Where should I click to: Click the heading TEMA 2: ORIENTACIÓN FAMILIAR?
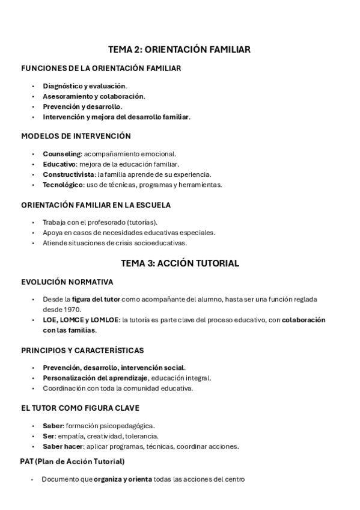179,49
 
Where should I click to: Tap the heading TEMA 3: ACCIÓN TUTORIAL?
180,263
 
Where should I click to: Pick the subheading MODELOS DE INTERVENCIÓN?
76,136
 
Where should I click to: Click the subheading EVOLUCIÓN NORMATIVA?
67,281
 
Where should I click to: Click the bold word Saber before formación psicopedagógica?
53,426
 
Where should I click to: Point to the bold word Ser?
48,436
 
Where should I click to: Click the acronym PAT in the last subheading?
28,461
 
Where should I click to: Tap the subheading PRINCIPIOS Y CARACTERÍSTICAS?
82,350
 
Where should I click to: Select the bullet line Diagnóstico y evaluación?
85,86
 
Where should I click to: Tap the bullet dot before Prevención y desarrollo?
33,106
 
